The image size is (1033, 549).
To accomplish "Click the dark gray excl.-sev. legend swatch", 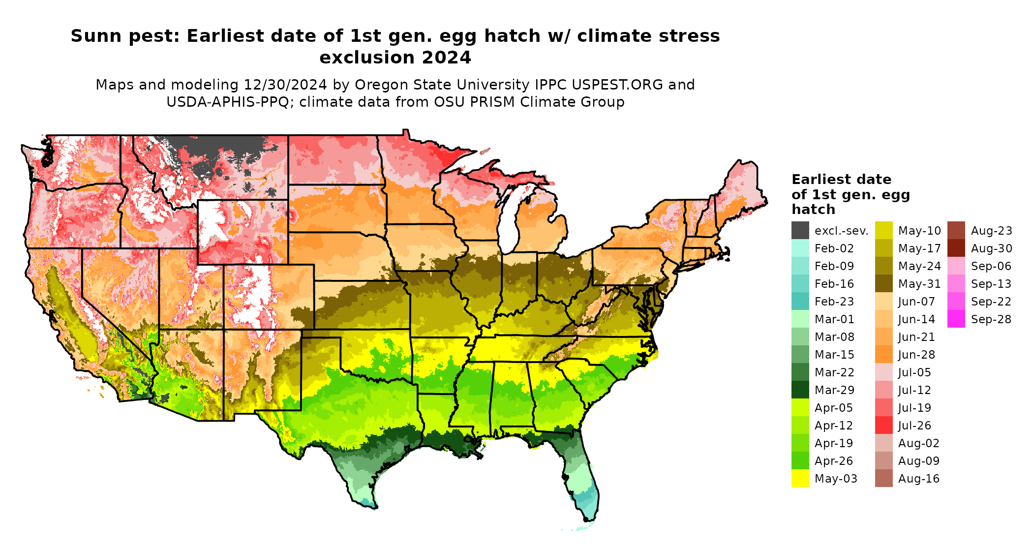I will pyautogui.click(x=800, y=230).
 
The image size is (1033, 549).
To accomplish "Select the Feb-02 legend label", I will pyautogui.click(x=834, y=248).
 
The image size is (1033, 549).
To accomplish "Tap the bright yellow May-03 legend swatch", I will pyautogui.click(x=800, y=478).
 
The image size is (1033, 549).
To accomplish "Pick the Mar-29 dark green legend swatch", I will pyautogui.click(x=800, y=390).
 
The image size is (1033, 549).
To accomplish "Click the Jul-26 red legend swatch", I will pyautogui.click(x=883, y=425).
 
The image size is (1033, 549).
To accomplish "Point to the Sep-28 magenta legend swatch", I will pyautogui.click(x=956, y=319).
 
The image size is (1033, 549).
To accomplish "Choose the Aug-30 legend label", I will pyautogui.click(x=991, y=248).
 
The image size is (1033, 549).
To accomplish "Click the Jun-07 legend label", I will pyautogui.click(x=916, y=302).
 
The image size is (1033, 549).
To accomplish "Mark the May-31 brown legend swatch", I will pyautogui.click(x=883, y=283).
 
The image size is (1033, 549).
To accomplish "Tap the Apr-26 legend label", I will pyautogui.click(x=834, y=461).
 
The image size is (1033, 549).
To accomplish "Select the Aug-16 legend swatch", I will pyautogui.click(x=883, y=478).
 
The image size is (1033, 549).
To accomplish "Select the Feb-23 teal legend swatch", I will pyautogui.click(x=800, y=301).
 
